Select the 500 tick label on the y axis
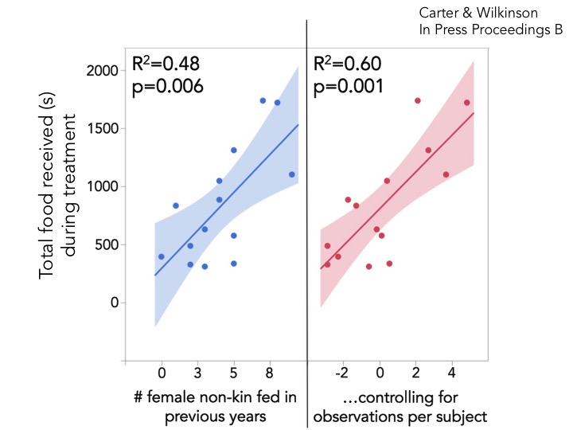(107, 244)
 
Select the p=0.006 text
(169, 85)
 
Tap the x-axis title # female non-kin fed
(211, 396)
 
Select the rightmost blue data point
(291, 174)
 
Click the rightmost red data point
(466, 103)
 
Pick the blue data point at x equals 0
(162, 256)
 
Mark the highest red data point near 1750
(417, 100)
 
